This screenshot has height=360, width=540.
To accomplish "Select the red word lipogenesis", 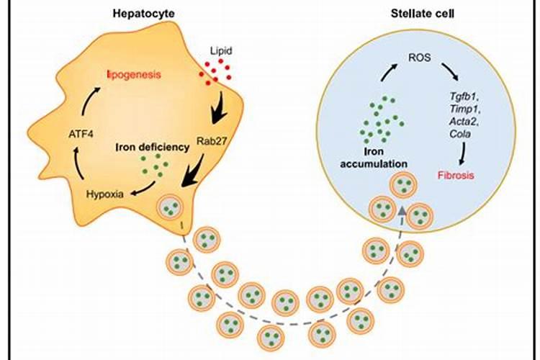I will pyautogui.click(x=133, y=74).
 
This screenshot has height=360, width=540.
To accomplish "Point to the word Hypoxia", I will pyautogui.click(x=107, y=194).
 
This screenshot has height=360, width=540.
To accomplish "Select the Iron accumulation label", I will pyautogui.click(x=374, y=159).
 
